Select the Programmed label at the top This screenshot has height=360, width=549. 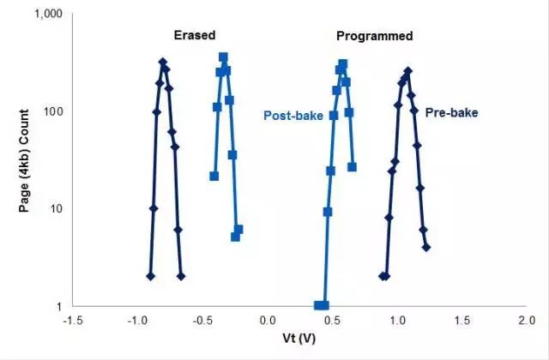coord(374,36)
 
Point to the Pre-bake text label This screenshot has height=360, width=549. coord(452,112)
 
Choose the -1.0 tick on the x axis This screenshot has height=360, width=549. coord(137,319)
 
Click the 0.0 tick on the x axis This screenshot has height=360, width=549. coord(267,319)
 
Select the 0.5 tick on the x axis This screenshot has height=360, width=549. coord(332,319)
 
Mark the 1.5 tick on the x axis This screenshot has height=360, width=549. coord(462,319)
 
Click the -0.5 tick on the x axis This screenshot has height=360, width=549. coord(202,319)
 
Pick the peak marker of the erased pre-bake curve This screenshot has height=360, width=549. coord(162,62)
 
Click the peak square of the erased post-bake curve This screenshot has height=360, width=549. coord(223,57)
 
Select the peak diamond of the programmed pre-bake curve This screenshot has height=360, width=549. coord(407,72)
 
